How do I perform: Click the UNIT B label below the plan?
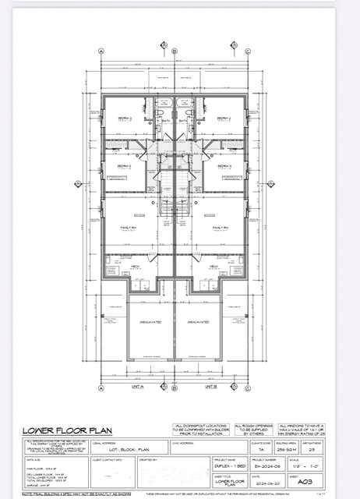click(x=210, y=387)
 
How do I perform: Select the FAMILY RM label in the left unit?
click(x=129, y=227)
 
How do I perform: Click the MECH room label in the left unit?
click(x=136, y=265)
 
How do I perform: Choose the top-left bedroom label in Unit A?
click(x=125, y=118)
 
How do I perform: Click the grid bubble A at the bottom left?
click(x=102, y=387)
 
